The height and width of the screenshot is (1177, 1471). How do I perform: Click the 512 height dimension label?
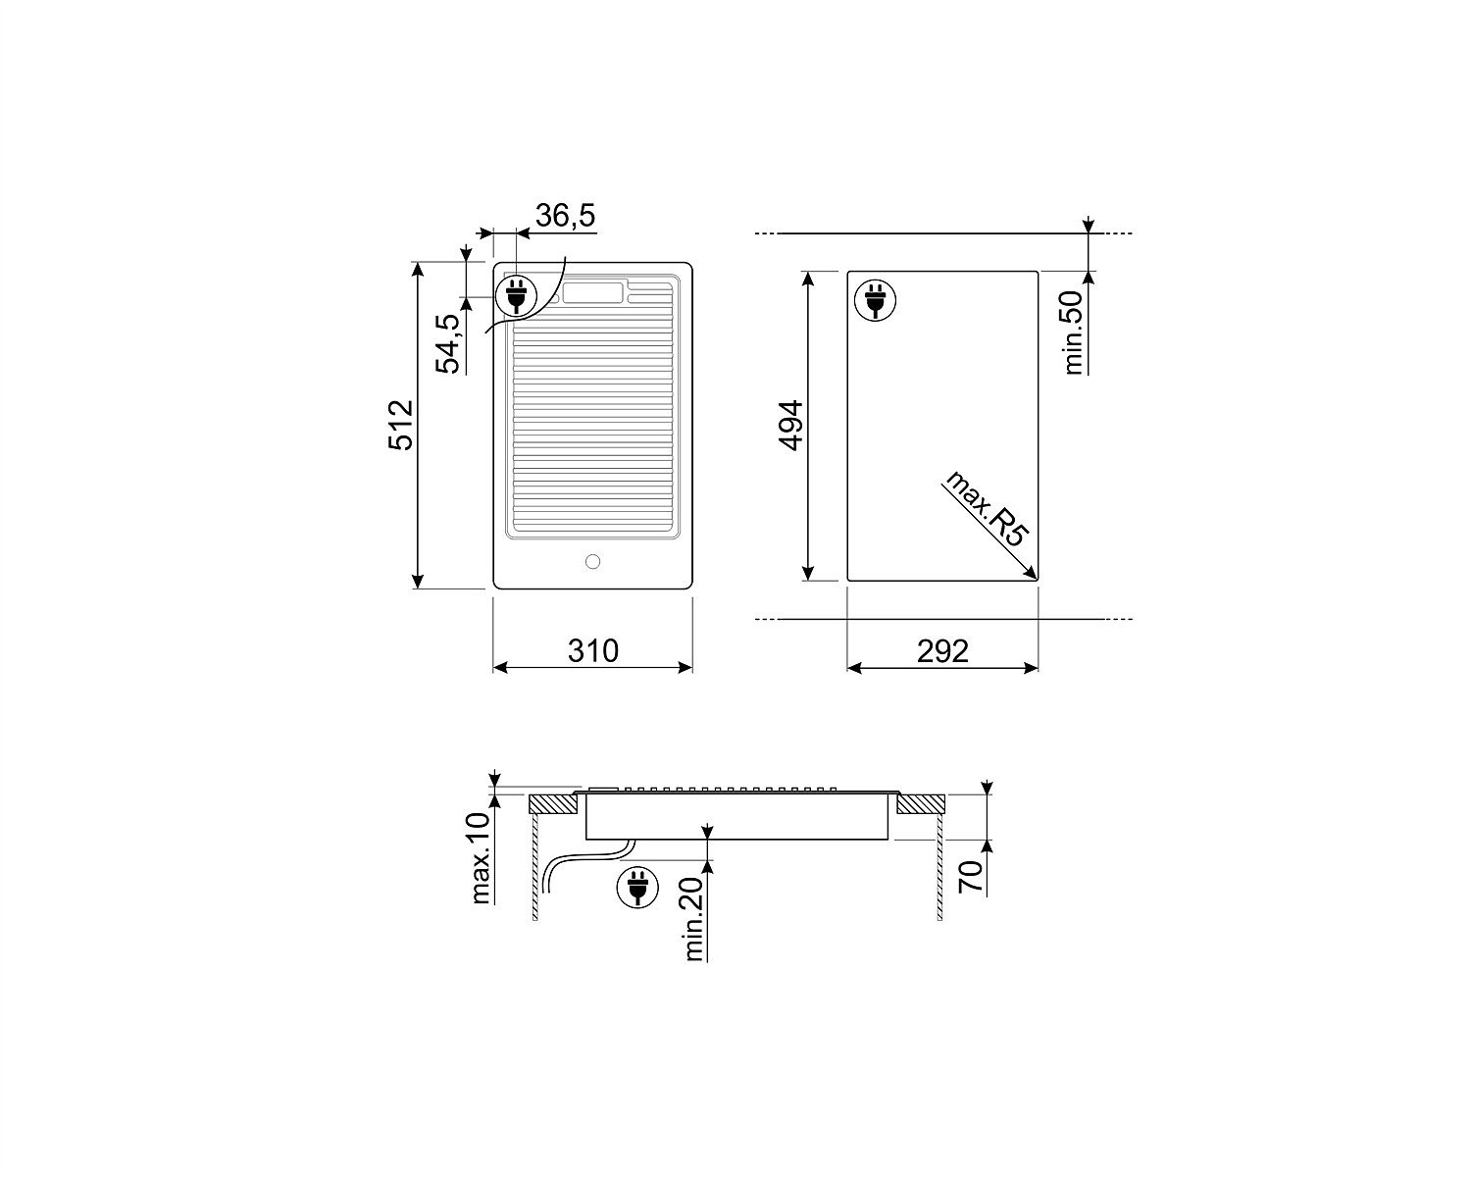pyautogui.click(x=401, y=425)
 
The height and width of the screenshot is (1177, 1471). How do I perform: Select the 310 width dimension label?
pyautogui.click(x=592, y=650)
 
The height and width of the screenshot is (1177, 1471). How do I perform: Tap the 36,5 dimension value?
pyautogui.click(x=565, y=216)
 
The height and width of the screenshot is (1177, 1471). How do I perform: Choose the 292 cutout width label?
pyautogui.click(x=942, y=651)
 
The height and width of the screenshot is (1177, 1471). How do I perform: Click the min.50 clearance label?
pyautogui.click(x=1074, y=333)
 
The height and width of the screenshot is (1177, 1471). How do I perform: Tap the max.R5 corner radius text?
pyautogui.click(x=985, y=507)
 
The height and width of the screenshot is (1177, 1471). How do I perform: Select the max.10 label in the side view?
pyautogui.click(x=482, y=858)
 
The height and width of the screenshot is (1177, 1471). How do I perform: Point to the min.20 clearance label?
pyautogui.click(x=692, y=918)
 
